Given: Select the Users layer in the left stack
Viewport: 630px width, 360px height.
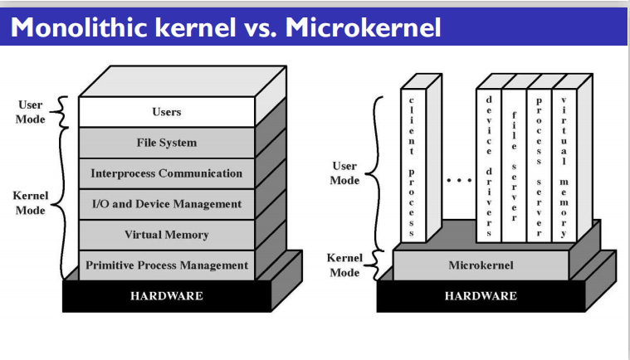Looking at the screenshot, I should [167, 112].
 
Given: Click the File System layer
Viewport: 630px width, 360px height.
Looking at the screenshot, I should [167, 143].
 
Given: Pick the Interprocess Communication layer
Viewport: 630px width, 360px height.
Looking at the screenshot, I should [167, 173].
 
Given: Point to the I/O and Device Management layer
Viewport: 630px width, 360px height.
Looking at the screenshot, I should [167, 204].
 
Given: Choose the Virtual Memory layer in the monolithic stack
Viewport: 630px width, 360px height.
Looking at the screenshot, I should [167, 235].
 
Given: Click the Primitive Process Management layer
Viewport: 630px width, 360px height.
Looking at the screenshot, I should [167, 265].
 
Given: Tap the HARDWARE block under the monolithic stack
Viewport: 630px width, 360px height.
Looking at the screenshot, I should [167, 296].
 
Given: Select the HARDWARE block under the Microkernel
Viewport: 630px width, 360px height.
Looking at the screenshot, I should [481, 296].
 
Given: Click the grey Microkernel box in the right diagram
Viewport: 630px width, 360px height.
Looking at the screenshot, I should [481, 265].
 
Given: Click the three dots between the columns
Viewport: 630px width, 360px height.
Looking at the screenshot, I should [459, 179].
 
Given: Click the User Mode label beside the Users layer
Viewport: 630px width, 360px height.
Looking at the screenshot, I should [31, 112].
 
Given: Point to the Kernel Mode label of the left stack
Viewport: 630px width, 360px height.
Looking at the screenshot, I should [31, 203].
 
